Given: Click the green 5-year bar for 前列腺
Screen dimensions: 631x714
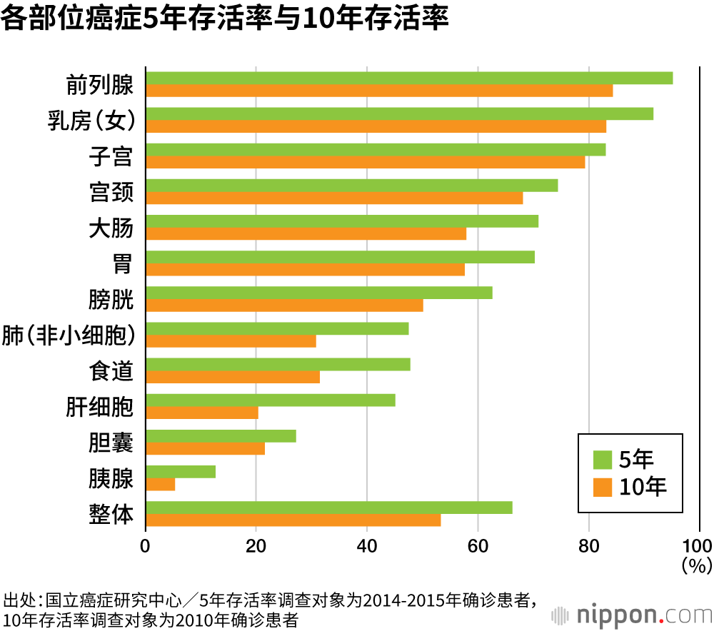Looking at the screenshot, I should tap(409, 78).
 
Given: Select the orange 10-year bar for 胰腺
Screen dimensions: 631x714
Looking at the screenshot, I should tap(161, 484).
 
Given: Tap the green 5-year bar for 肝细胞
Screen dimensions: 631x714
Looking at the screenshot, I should tap(271, 400).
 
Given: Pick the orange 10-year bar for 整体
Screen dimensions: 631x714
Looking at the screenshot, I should tap(293, 520).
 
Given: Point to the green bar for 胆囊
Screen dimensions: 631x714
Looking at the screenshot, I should tap(221, 435).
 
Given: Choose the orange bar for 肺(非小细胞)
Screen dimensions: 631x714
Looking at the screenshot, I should tap(231, 340).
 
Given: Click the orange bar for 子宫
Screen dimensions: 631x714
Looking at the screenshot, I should tap(365, 162).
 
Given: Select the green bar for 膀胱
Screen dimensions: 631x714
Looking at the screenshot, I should tap(319, 293).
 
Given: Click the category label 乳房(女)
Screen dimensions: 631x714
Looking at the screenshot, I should tap(91, 121).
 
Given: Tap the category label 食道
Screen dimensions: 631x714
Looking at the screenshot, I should tap(111, 370).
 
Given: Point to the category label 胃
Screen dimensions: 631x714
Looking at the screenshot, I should tap(122, 263).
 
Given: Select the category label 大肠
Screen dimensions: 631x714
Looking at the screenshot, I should tap(111, 228).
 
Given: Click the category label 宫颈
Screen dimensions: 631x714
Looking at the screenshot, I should tap(111, 192).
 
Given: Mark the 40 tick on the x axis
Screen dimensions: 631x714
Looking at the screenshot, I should tap(367, 547).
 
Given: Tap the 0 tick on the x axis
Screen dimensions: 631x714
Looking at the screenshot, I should tap(146, 547).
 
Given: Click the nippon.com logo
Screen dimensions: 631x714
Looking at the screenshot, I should tap(629, 613).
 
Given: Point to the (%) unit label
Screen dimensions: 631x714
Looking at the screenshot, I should tap(696, 566).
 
